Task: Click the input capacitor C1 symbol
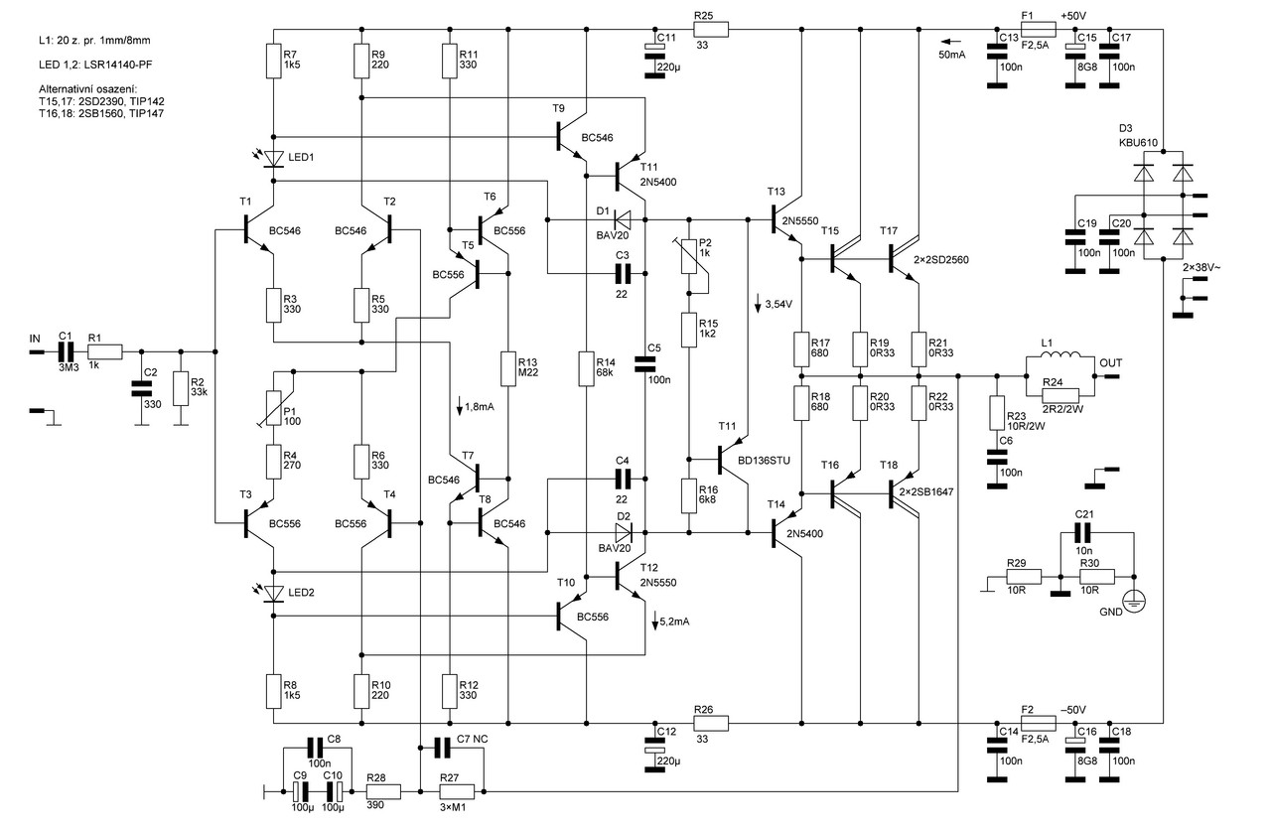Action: coord(65,350)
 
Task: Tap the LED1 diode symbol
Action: coord(272,159)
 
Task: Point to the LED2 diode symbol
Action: coord(272,594)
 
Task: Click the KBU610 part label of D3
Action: coord(1139,143)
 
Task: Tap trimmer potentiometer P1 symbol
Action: coord(273,396)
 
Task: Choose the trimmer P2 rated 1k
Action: coord(687,265)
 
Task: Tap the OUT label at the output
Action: coord(1109,363)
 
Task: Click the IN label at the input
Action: coord(35,339)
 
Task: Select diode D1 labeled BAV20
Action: coord(624,218)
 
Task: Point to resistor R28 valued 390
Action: coord(383,792)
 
